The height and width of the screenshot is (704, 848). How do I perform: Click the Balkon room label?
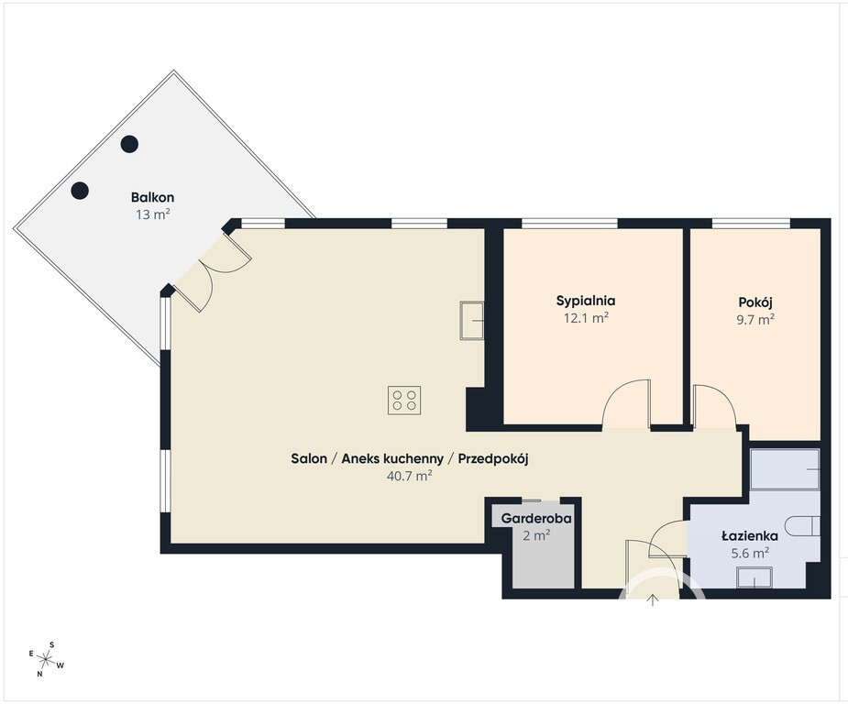[152, 197]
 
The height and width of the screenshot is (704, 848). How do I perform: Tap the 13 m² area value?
[153, 214]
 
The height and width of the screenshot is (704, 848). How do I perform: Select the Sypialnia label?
[586, 301]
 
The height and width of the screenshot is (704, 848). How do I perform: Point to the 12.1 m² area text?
[586, 318]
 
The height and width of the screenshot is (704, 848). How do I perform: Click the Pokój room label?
[756, 302]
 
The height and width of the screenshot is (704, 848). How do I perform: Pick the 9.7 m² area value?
[755, 319]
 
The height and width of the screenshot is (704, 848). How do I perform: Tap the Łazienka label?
[750, 536]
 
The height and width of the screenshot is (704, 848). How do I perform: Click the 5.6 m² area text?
[750, 553]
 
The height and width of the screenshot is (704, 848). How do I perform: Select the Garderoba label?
[536, 519]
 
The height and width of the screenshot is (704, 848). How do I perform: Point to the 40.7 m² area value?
[410, 476]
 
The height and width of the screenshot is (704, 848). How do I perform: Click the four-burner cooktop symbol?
[404, 400]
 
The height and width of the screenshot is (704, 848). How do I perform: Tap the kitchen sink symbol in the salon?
[471, 321]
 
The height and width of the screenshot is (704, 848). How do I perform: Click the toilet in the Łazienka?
[803, 525]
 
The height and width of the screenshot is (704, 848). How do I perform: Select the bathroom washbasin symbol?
[755, 577]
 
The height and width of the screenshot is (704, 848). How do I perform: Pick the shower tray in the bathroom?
[785, 469]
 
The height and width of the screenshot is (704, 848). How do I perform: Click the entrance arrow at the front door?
[653, 600]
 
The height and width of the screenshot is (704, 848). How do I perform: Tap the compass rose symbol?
[47, 659]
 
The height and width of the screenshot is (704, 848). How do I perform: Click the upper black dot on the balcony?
[129, 144]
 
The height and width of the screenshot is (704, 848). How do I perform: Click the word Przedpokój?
[493, 459]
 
